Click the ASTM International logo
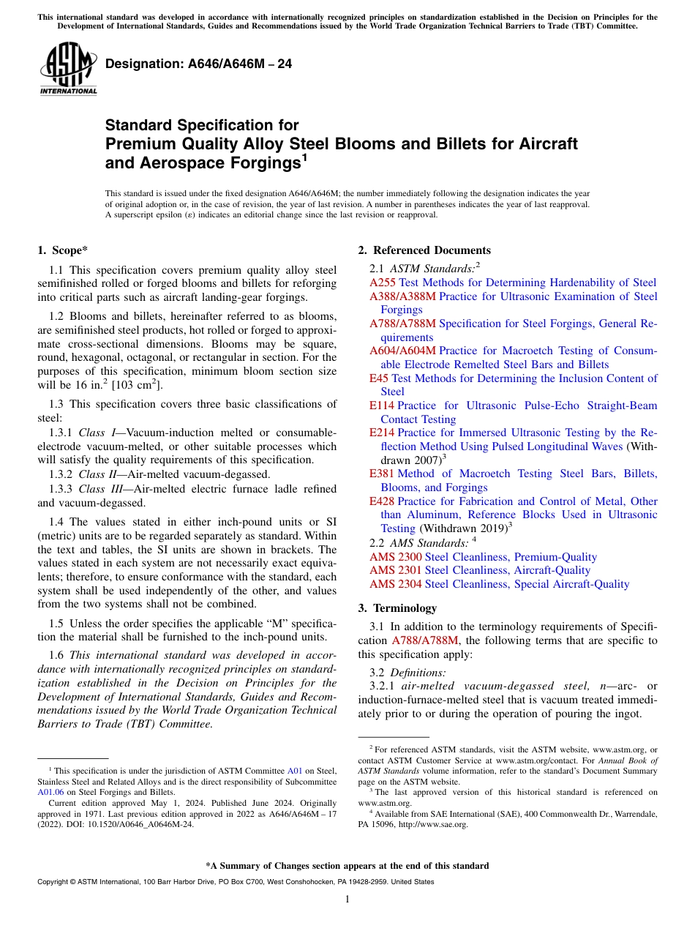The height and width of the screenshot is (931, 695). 68,70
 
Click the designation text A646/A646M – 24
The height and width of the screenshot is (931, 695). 198,64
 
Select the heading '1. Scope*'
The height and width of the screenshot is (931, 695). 62,250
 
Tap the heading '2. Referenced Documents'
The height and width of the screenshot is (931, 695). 424,250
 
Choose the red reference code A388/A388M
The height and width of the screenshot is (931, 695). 402,296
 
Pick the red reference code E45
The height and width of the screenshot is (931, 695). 379,378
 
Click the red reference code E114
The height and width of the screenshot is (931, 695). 382,405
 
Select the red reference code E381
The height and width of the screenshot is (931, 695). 382,474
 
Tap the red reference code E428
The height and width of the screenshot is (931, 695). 382,501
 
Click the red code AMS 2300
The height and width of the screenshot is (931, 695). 395,557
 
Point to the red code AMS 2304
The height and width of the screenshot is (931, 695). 395,584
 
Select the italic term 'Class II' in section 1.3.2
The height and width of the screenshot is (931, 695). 97,474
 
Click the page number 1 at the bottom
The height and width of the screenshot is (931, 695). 347,900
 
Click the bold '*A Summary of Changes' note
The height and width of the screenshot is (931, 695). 347,866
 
